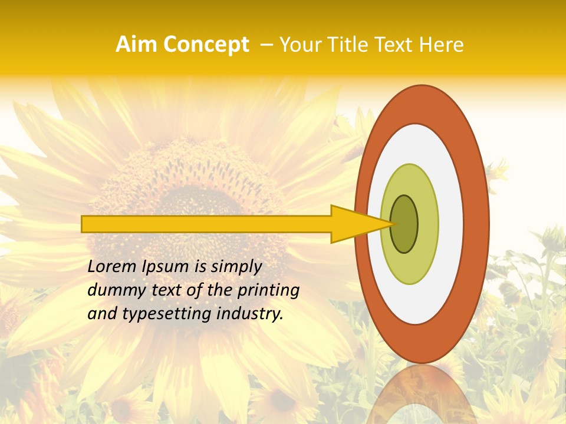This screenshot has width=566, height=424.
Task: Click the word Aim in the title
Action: click(137, 45)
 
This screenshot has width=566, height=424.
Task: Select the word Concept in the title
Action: click(206, 45)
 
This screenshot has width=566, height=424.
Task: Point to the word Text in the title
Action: click(397, 45)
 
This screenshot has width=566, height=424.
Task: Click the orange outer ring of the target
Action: click(422, 104)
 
